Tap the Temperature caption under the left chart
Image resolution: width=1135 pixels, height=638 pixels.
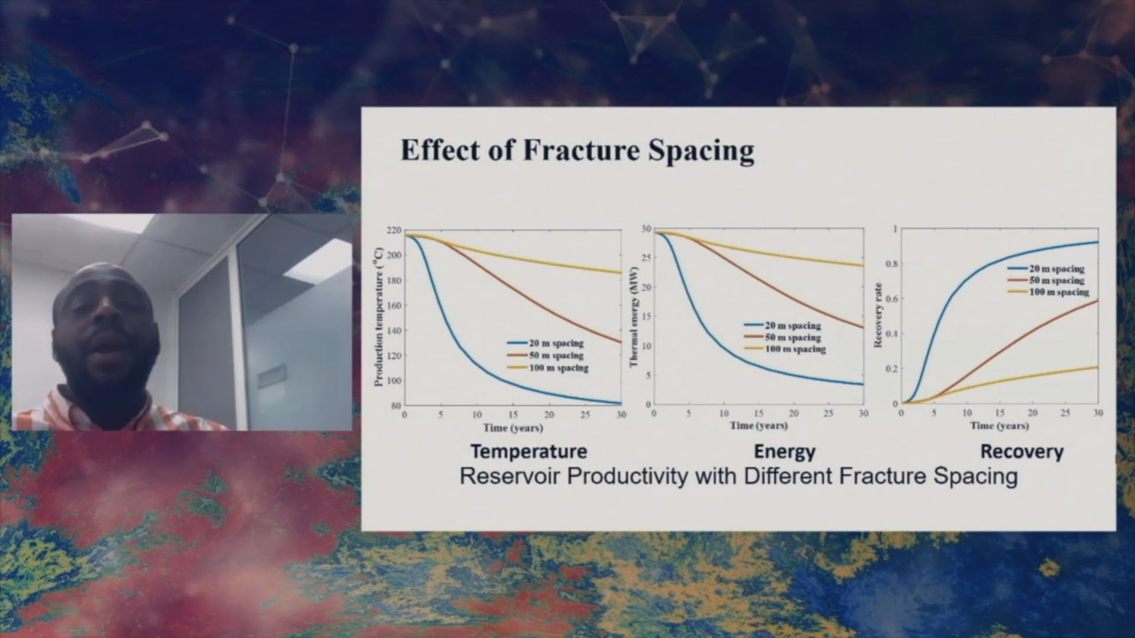(528, 452)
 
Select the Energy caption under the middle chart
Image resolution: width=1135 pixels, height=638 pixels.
(784, 452)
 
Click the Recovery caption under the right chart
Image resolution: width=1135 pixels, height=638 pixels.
(1022, 452)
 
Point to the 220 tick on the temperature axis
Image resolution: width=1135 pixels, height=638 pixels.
(394, 230)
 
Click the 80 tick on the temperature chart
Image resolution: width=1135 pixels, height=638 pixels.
(396, 406)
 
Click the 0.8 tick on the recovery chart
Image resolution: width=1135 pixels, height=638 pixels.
(891, 263)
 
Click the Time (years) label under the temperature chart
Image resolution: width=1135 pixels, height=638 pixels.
(513, 427)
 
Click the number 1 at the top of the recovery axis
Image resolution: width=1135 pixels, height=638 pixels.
(895, 229)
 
